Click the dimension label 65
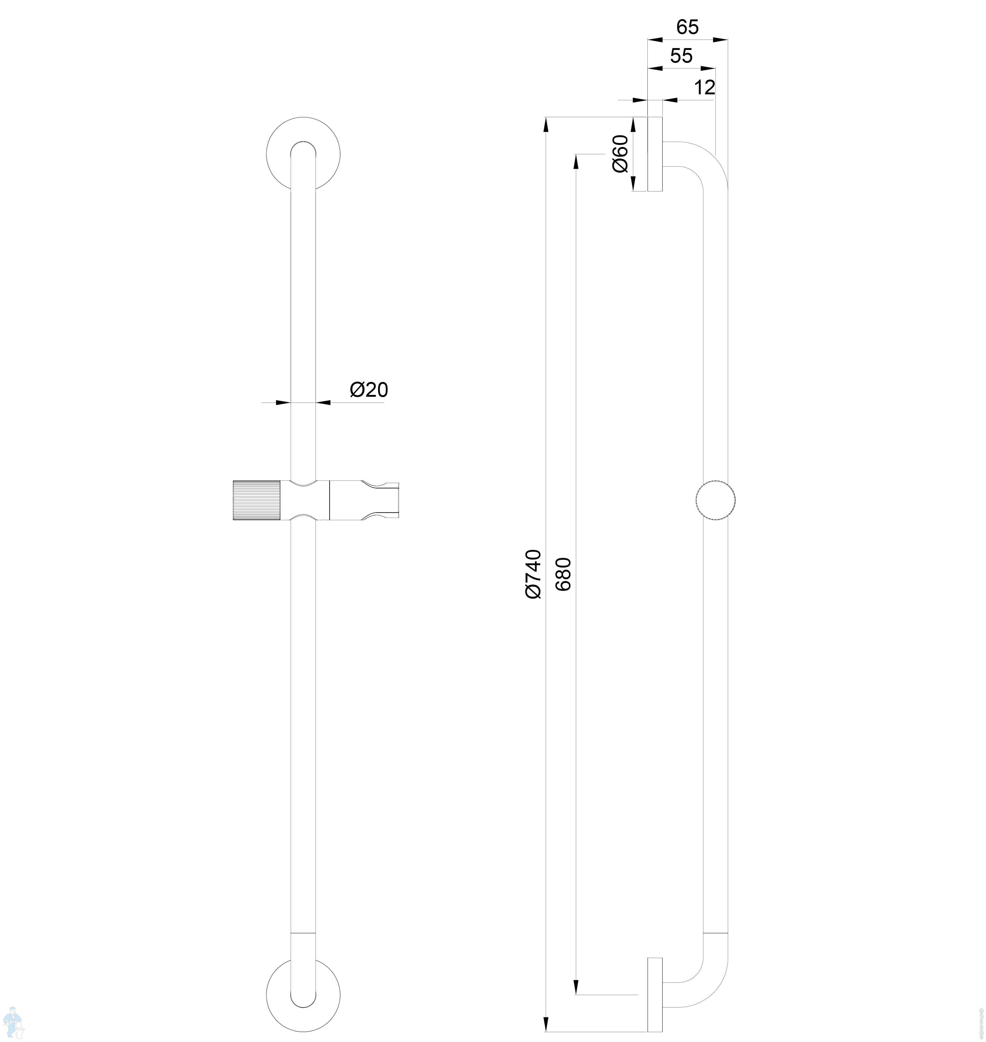687,27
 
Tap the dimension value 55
682,56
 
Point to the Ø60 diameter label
621,154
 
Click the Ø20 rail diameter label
369,390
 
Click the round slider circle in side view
715,500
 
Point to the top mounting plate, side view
655,154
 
